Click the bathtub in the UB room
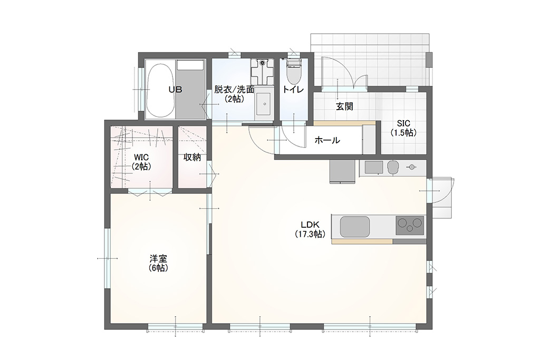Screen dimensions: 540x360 160,90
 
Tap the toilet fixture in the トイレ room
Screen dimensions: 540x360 293,71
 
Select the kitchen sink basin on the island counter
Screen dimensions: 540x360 355,227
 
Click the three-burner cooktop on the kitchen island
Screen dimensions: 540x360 410,226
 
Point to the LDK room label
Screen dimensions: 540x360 310,225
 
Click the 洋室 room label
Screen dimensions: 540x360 159,258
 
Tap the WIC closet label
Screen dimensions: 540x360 141,158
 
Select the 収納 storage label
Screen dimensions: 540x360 192,157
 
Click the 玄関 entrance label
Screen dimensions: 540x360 344,106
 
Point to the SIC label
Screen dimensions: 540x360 403,123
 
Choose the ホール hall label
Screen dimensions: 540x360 327,140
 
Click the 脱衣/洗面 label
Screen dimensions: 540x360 234,90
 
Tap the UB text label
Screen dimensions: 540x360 175,90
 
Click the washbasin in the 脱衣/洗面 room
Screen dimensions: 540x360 264,103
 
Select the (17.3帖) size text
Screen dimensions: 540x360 310,235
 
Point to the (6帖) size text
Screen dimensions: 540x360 159,268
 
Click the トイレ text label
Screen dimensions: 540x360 293,90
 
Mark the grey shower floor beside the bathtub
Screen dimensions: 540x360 191,90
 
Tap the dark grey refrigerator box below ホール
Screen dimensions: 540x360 342,171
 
